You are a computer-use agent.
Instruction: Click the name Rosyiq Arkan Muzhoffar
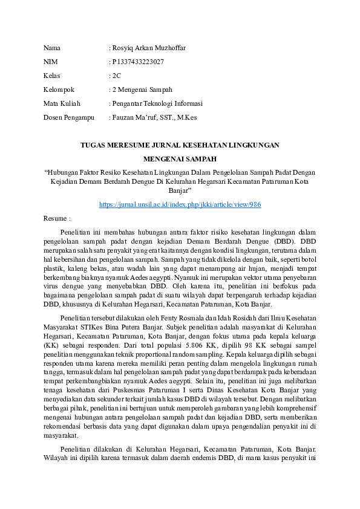coord(149,48)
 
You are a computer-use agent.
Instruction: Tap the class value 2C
coord(117,76)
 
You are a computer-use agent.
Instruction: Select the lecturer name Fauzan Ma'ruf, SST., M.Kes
coord(154,117)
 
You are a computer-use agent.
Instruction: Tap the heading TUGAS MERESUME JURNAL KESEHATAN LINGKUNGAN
coord(180,145)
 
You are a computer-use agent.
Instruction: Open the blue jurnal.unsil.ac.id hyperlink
coord(180,205)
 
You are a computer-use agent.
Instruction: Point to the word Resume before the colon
coord(55,218)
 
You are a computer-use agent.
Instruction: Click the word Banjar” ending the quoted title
coord(180,190)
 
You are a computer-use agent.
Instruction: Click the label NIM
coord(50,62)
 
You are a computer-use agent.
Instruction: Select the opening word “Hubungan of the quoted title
coord(67,172)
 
